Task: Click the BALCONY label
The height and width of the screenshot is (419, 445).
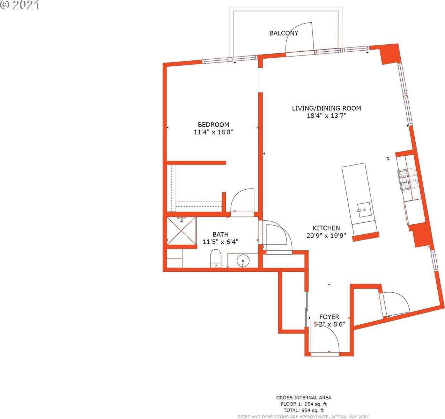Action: point(284,33)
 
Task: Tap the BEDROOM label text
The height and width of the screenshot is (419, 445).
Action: point(213,125)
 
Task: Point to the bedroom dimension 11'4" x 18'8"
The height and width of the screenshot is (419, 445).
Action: point(213,132)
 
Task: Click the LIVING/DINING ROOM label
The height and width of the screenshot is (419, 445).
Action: point(326,108)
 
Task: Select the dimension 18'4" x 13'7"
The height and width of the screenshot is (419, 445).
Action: point(326,116)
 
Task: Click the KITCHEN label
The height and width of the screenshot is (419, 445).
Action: point(326,228)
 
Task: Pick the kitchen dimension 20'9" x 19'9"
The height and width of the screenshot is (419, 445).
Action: point(326,236)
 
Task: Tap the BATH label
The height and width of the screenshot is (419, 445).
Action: point(221,235)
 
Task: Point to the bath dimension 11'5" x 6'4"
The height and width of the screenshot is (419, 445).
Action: point(220,242)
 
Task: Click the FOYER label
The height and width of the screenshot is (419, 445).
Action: point(329,317)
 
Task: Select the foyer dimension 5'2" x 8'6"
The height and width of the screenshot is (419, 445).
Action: point(329,324)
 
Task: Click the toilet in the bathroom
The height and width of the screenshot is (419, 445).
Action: point(216,258)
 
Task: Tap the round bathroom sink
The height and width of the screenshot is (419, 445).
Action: point(243,261)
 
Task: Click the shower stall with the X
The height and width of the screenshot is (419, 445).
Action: point(181,231)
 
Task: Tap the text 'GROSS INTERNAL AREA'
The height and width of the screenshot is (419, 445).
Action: point(304,398)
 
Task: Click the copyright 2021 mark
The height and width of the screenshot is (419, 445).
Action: point(20,5)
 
